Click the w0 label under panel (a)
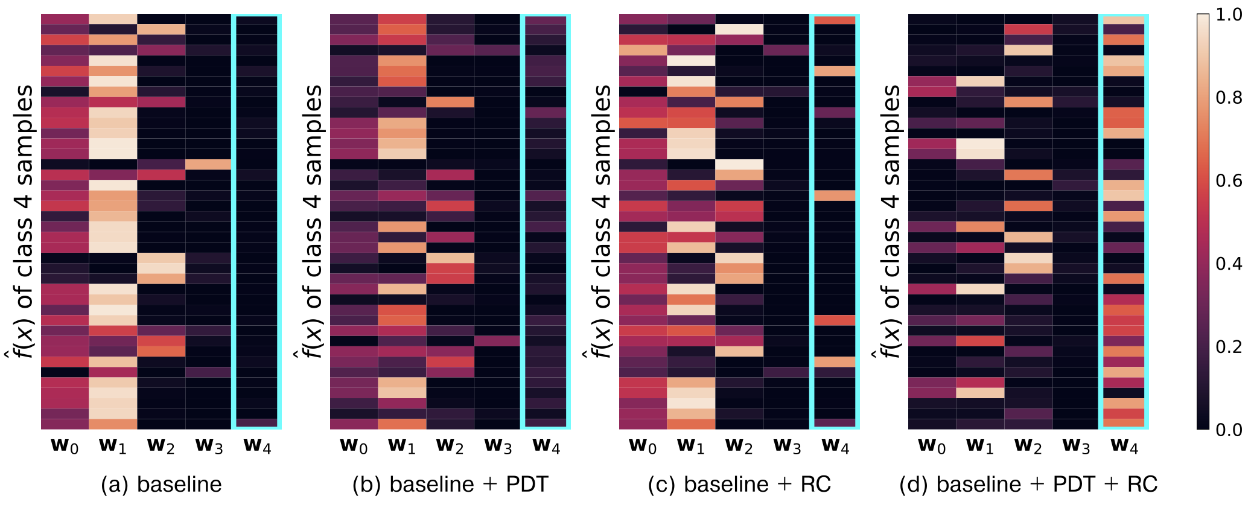pyautogui.click(x=65, y=446)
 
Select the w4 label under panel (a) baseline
pyautogui.click(x=258, y=446)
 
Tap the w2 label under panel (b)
pyautogui.click(x=450, y=446)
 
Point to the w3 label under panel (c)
pyautogui.click(x=788, y=446)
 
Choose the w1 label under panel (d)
pyautogui.click(x=980, y=446)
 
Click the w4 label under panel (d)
pyautogui.click(x=1125, y=446)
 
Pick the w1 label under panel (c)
pyautogui.click(x=691, y=446)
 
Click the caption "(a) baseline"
pyautogui.click(x=161, y=484)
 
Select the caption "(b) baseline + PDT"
pyautogui.click(x=450, y=484)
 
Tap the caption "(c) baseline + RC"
pyautogui.click(x=739, y=484)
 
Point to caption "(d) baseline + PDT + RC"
pyautogui.click(x=1028, y=484)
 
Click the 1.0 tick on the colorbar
pyautogui.click(x=1229, y=14)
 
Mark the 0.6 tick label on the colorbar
pyautogui.click(x=1229, y=181)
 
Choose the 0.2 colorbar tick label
pyautogui.click(x=1229, y=347)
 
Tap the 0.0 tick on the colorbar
pyautogui.click(x=1229, y=430)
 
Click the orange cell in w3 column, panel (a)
pyautogui.click(x=209, y=164)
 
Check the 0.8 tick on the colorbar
pyautogui.click(x=1229, y=98)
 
